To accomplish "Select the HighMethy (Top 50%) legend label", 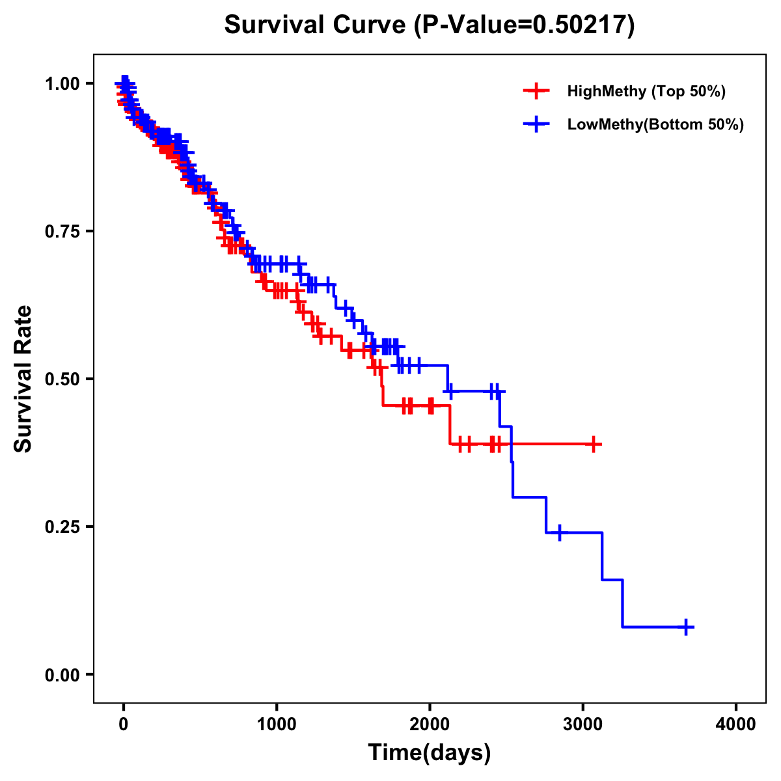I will [646, 91].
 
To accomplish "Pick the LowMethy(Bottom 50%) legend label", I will [655, 125].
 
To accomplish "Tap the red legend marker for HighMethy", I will [536, 91].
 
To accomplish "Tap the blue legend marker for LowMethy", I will [536, 125].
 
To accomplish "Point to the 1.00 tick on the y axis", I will [62, 84].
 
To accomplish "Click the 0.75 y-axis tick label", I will [62, 232].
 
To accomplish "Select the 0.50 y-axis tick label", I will [62, 379].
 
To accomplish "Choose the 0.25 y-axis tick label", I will [62, 527].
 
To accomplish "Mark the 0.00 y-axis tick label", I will [62, 675].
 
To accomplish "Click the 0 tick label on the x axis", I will [124, 724].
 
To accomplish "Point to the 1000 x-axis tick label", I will [277, 724].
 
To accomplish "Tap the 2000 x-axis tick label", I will [430, 724].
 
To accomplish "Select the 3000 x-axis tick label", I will [583, 724].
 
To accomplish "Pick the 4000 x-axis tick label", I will [736, 724].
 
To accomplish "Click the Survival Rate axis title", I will [23, 379].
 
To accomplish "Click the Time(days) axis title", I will [430, 753].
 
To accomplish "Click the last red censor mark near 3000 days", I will [594, 445].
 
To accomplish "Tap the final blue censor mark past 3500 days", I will [685, 627].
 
